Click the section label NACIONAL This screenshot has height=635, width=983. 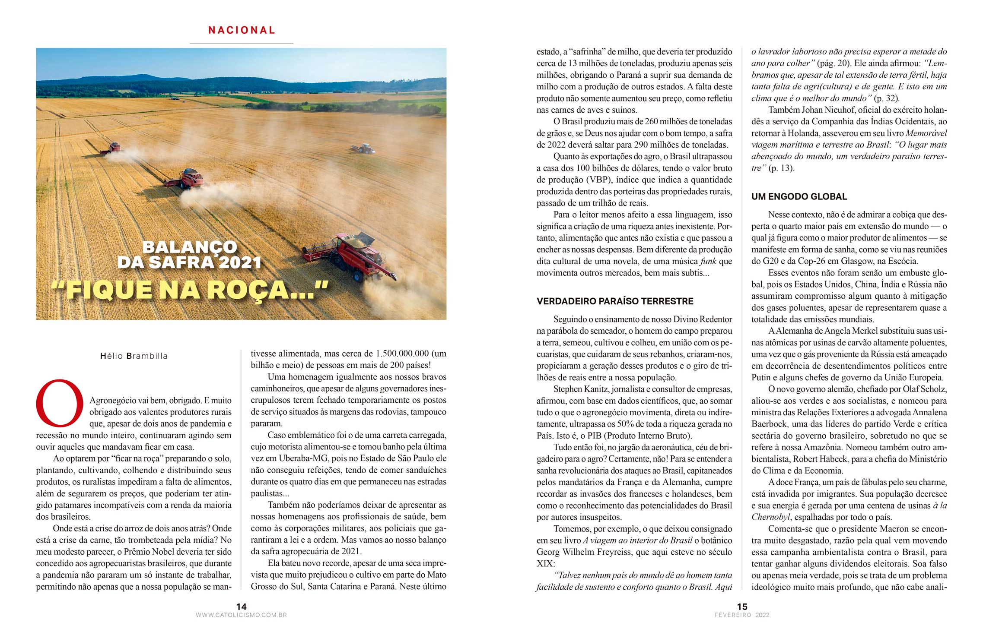point(242,30)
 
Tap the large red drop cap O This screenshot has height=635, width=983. point(60,403)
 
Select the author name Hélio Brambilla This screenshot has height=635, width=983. point(134,356)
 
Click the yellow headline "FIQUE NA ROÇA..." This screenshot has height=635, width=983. point(190,289)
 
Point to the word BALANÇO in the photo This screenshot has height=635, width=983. point(190,247)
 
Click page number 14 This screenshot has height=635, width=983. point(241,607)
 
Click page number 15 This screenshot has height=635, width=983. point(742,607)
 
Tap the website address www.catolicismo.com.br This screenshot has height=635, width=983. point(241,615)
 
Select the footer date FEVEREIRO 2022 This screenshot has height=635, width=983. point(742,615)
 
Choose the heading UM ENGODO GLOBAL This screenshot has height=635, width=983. point(799,197)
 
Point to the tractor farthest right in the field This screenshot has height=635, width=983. point(363,149)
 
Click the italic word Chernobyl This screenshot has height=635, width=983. point(770,517)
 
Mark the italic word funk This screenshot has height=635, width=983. point(708,261)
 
